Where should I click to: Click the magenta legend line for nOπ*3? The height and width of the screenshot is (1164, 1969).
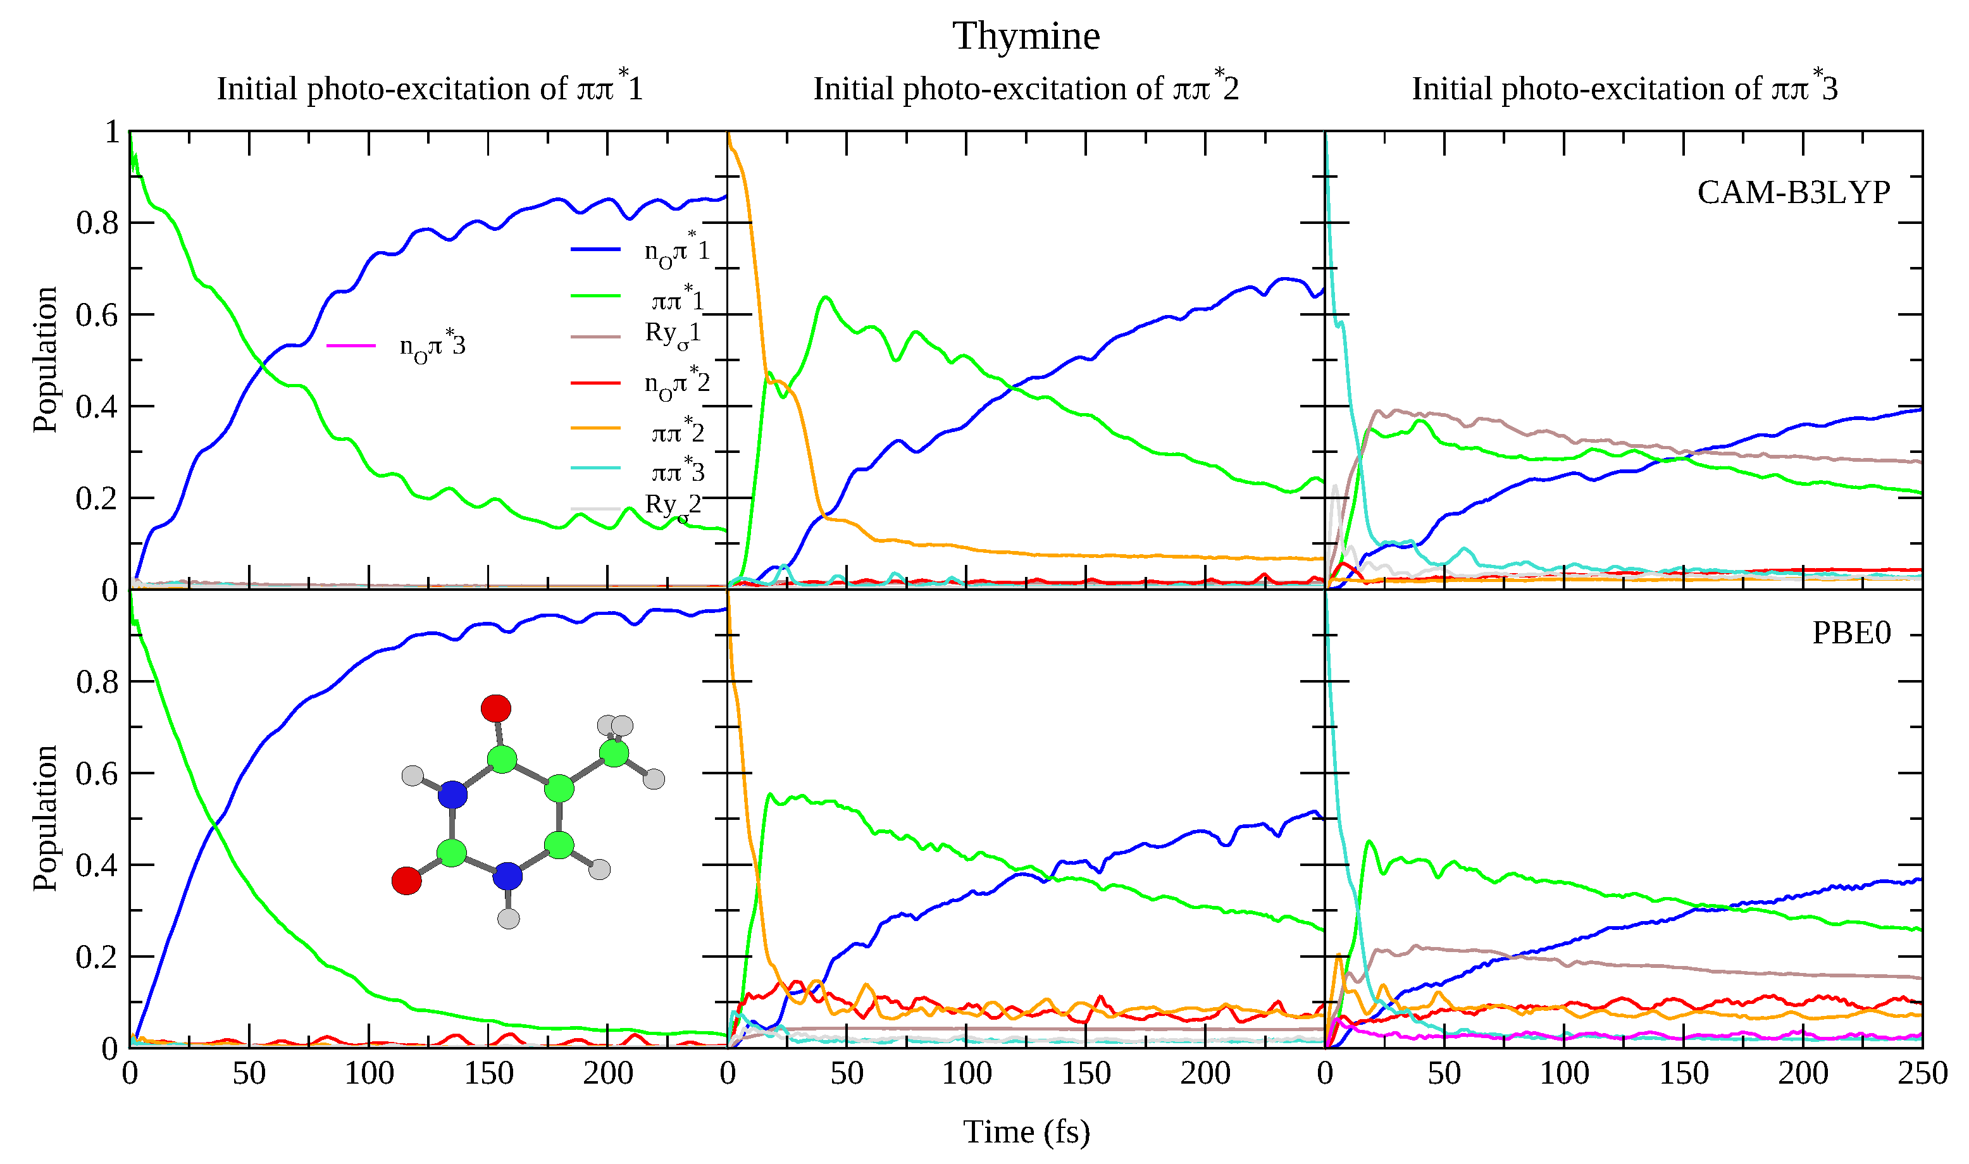point(351,345)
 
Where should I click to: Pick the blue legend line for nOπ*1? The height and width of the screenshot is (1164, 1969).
point(595,249)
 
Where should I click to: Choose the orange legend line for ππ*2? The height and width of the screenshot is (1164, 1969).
point(595,428)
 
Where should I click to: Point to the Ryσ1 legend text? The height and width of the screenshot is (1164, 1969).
point(673,333)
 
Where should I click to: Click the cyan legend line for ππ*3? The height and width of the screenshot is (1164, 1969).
point(595,468)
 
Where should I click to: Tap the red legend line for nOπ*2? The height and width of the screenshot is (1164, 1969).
point(595,383)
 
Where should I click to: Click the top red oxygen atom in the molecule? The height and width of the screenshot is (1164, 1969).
point(496,709)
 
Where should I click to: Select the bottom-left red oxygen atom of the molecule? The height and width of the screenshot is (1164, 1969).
point(406,880)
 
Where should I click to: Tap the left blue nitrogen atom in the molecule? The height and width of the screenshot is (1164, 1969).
point(452,795)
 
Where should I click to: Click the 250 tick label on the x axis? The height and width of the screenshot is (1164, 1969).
point(1922,1073)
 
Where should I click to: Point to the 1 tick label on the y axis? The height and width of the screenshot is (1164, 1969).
point(111,132)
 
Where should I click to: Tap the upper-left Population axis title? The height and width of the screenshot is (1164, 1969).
point(45,359)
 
